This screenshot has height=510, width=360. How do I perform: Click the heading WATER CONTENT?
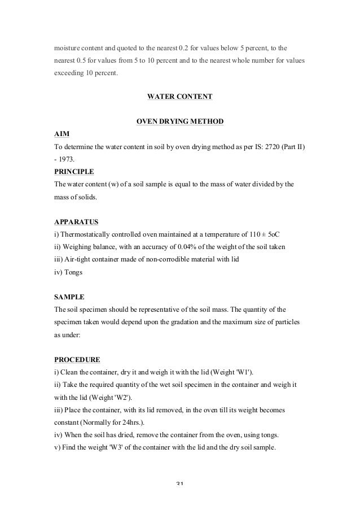pyautogui.click(x=179, y=97)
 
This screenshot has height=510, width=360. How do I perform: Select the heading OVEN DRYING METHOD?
pyautogui.click(x=179, y=122)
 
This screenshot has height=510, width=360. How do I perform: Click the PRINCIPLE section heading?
pyautogui.click(x=74, y=171)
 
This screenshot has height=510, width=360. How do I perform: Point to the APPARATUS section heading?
pyautogui.click(x=77, y=221)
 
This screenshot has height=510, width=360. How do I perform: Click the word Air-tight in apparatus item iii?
pyautogui.click(x=77, y=259)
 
